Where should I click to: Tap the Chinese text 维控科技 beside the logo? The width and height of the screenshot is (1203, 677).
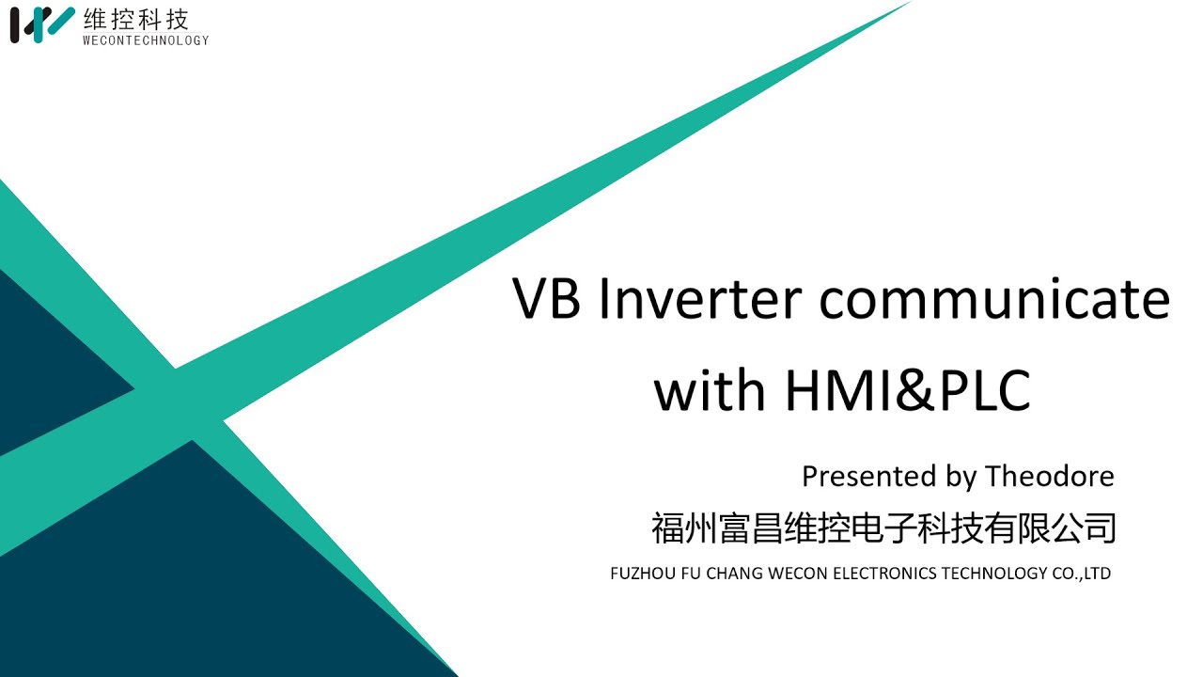136,18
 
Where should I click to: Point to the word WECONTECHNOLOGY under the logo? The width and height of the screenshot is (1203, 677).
146,40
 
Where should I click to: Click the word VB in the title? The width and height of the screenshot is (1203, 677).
546,299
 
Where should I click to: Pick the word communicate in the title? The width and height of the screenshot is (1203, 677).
994,299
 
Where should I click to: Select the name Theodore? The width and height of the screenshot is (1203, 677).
1049,477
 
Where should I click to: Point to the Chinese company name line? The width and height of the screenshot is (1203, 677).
883,527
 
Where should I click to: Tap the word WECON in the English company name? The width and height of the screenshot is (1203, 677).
800,574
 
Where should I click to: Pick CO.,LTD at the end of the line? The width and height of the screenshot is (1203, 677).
1082,574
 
